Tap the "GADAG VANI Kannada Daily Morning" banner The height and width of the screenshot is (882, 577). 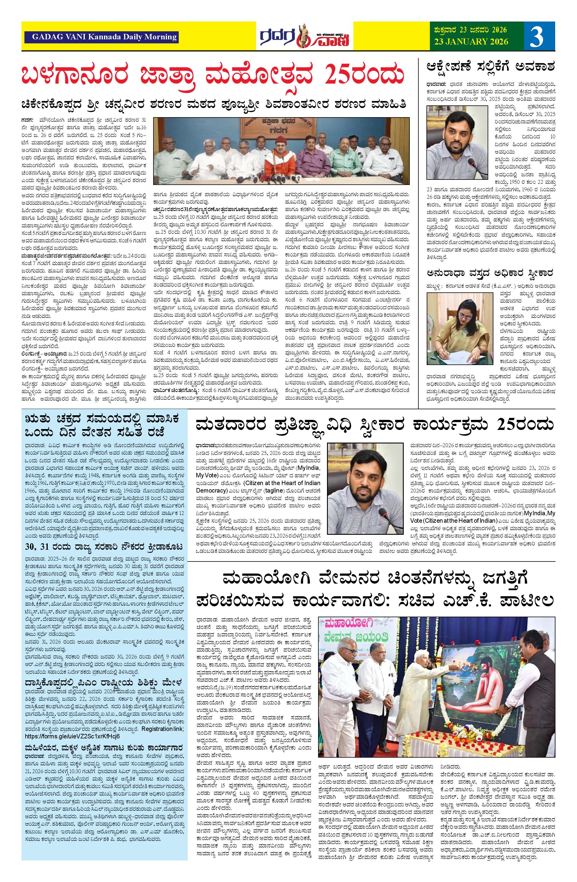click(x=101, y=37)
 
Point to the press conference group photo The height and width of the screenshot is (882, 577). click(x=282, y=153)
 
